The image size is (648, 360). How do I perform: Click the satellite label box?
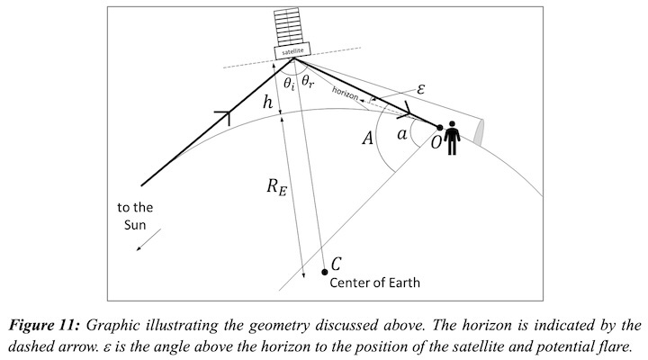292,50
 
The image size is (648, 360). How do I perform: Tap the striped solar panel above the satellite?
292,25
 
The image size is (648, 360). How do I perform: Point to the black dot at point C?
324,272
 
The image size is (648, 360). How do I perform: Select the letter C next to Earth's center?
337,264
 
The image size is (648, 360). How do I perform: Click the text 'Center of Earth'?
375,283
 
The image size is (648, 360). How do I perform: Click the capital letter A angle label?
367,139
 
